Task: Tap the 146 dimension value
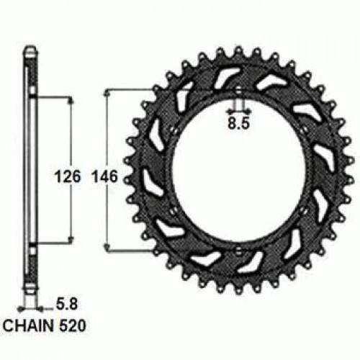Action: (105, 175)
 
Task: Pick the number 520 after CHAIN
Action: (75, 325)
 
